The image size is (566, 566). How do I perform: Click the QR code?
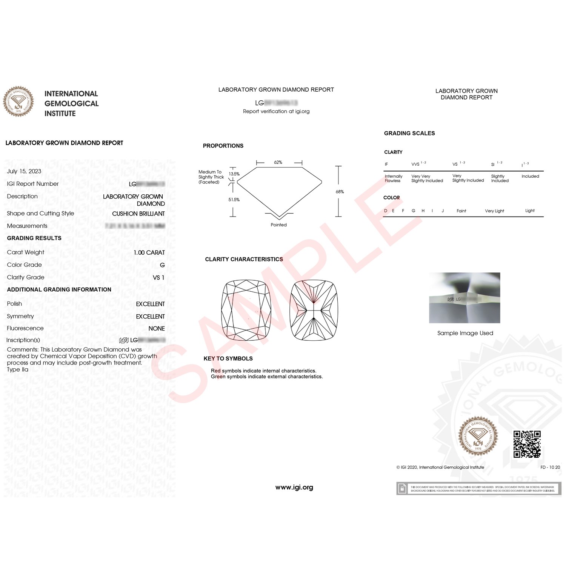click(x=527, y=444)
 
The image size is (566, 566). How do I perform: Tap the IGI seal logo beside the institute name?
click(x=18, y=101)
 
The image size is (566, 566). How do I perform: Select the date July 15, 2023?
click(x=24, y=171)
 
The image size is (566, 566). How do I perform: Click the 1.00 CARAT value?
click(x=149, y=252)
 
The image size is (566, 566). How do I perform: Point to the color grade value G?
click(x=162, y=265)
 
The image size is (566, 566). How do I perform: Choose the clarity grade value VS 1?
click(x=158, y=277)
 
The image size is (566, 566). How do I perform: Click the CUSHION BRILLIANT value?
click(x=138, y=214)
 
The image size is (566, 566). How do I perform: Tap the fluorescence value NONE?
click(x=157, y=329)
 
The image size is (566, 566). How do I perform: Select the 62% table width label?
click(x=278, y=162)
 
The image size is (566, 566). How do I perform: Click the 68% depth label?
click(x=340, y=192)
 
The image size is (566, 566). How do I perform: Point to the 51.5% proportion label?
click(x=234, y=200)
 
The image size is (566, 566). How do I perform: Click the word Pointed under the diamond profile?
click(x=278, y=225)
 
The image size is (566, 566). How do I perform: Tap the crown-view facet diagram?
click(x=246, y=310)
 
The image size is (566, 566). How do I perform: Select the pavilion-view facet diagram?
click(x=314, y=310)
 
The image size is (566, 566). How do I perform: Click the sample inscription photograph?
click(x=464, y=298)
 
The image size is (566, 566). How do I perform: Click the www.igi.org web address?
click(x=294, y=488)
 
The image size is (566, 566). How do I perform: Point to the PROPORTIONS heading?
click(x=223, y=146)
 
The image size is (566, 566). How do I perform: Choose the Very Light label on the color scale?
click(x=494, y=211)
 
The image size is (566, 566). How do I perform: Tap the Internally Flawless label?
click(x=393, y=178)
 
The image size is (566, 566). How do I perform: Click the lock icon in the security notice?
click(x=402, y=489)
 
